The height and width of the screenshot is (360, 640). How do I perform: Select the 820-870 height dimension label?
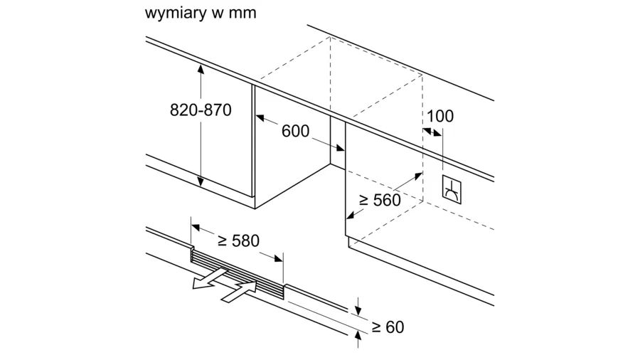(x=201, y=110)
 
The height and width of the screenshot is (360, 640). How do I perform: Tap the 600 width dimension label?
(x=295, y=131)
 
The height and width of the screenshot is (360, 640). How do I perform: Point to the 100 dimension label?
(x=439, y=116)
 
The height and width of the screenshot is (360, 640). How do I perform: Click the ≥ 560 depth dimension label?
(x=380, y=200)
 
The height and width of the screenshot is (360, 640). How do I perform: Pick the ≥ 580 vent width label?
(x=238, y=240)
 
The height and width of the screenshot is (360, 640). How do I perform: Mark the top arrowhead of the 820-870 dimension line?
(x=201, y=68)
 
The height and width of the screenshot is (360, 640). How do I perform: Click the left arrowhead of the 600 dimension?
(x=260, y=118)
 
